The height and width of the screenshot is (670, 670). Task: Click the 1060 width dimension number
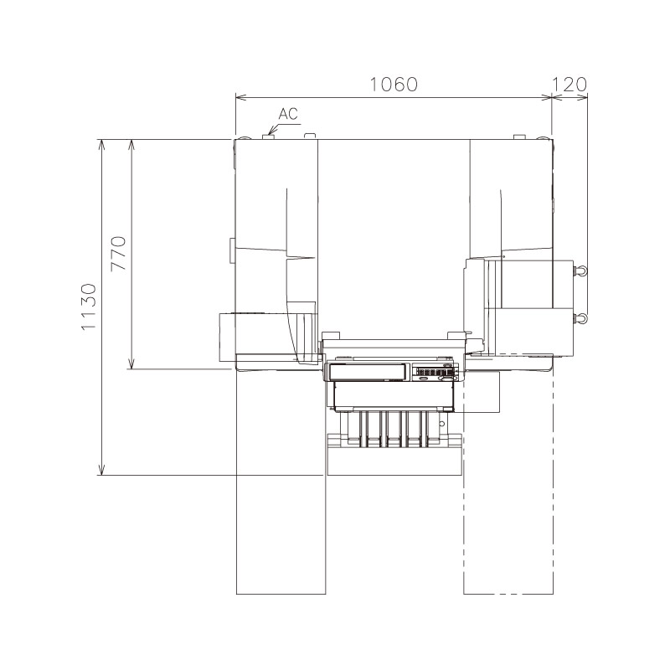394,85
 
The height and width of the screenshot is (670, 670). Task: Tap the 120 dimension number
569,85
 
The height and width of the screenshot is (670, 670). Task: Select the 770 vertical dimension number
118,253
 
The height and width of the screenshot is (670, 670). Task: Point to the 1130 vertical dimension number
89,307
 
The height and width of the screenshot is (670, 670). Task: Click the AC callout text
288,114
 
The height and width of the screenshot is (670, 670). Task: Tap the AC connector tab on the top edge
268,137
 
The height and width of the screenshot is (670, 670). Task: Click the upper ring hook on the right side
581,271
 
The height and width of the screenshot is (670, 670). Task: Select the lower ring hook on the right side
581,318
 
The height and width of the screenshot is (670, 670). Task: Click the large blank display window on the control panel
368,371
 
